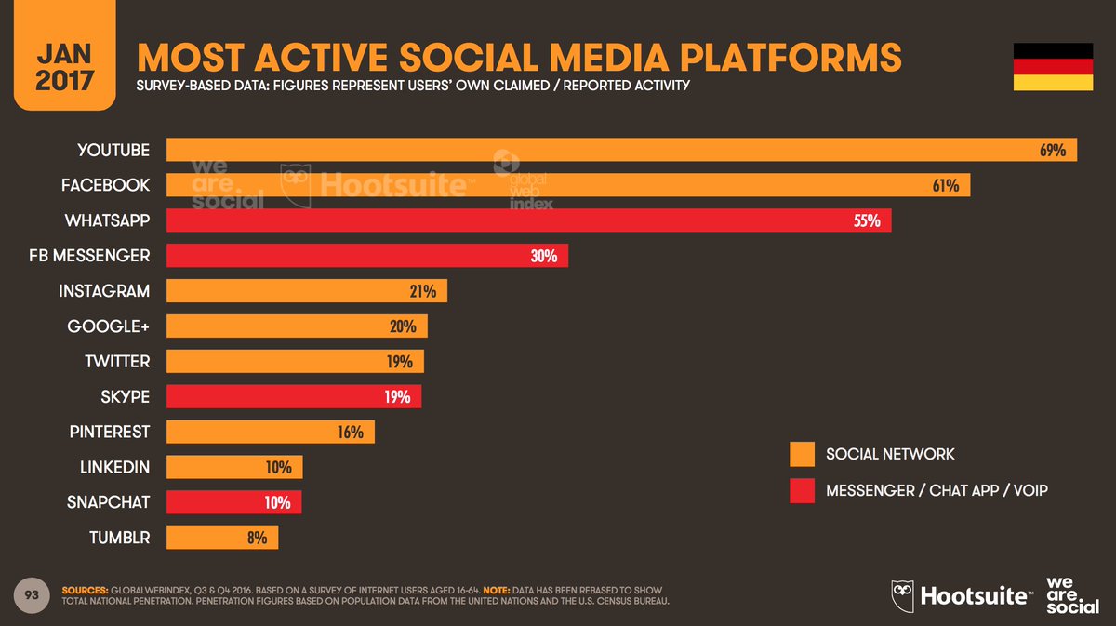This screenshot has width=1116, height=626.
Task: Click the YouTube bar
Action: tap(621, 150)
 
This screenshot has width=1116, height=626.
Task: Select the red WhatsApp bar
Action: tap(528, 220)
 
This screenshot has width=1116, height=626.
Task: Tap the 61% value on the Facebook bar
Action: tap(945, 185)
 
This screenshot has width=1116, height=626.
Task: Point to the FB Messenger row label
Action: tap(88, 256)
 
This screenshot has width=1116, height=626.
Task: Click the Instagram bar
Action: tap(306, 291)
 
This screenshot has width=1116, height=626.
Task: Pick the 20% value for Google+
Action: tap(403, 326)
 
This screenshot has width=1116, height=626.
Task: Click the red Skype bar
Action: tap(293, 397)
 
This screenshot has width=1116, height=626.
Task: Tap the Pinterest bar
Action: tap(270, 433)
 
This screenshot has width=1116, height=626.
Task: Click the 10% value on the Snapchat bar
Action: tap(276, 502)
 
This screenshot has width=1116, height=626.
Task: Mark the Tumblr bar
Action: tap(221, 538)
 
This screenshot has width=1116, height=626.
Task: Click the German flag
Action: tap(1053, 67)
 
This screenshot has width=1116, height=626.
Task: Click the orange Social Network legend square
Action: tap(802, 454)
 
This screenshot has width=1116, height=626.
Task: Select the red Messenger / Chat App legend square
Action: tap(802, 490)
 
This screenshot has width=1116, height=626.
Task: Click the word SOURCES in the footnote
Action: tap(85, 591)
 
